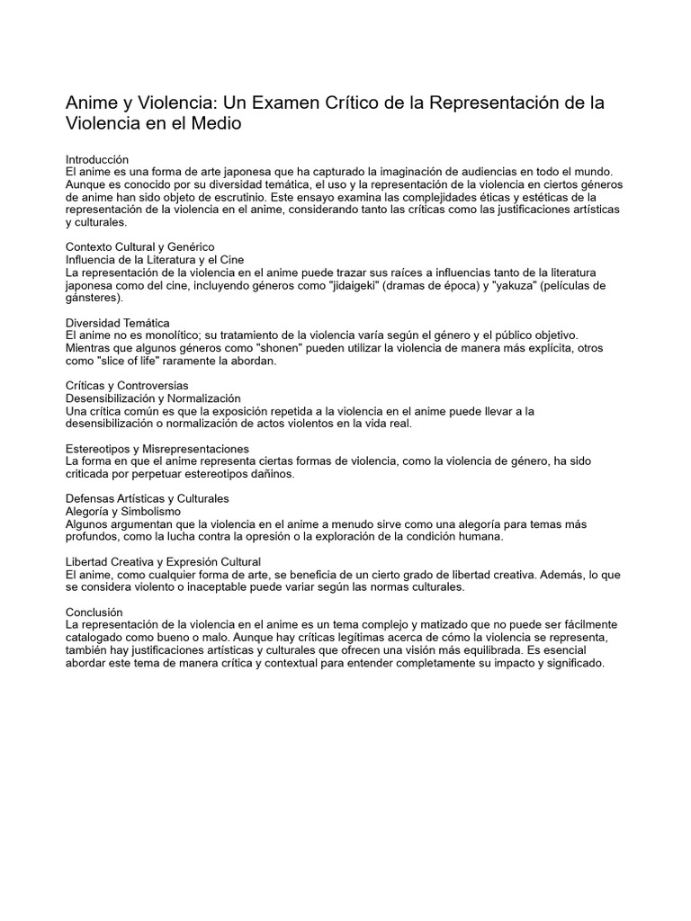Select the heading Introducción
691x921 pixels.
(x=98, y=159)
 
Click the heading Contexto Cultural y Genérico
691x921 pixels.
(x=140, y=246)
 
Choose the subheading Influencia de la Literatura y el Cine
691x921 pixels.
(x=155, y=259)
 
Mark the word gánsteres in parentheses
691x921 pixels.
(x=93, y=298)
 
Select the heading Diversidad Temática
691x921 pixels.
(x=118, y=322)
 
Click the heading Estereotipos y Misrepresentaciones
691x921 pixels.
(x=157, y=448)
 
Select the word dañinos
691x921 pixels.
(x=267, y=473)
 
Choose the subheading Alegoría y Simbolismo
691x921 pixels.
(x=124, y=511)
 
